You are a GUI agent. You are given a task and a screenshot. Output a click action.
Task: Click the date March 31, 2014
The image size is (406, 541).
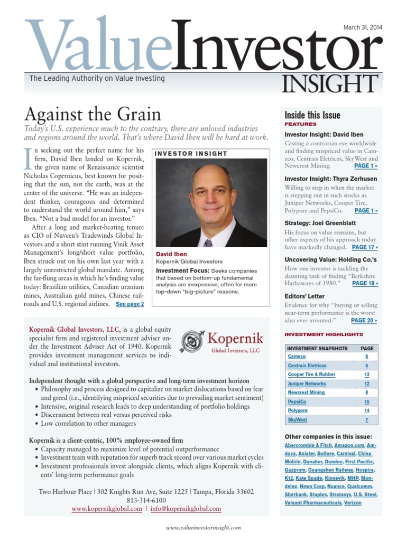(363, 27)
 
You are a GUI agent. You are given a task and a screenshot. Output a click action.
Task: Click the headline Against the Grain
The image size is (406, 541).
(93, 114)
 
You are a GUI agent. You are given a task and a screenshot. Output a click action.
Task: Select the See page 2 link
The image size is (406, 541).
(130, 304)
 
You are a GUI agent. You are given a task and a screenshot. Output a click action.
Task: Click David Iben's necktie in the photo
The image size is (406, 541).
(208, 243)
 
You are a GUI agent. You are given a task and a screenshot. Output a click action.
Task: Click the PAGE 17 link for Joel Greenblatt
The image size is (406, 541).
(365, 247)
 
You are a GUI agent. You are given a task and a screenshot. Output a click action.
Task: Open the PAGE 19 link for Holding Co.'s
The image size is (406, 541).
(365, 283)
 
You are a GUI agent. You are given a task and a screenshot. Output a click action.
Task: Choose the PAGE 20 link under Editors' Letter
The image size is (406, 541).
(364, 320)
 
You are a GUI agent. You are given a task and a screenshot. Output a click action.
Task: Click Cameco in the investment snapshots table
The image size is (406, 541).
(297, 357)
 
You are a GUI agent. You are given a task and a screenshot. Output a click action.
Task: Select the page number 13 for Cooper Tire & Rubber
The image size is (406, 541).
(367, 375)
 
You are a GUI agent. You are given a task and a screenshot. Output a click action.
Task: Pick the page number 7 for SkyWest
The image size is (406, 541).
(367, 420)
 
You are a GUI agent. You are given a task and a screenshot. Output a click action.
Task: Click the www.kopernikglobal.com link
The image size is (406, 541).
(107, 509)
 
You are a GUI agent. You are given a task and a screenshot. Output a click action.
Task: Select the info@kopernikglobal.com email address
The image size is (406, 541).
(187, 509)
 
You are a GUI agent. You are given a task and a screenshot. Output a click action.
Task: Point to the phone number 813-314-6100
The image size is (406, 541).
(146, 500)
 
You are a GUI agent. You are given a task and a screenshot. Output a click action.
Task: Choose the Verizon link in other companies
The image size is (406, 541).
(353, 503)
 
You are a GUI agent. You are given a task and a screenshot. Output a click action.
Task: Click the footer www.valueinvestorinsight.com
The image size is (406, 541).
(204, 527)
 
